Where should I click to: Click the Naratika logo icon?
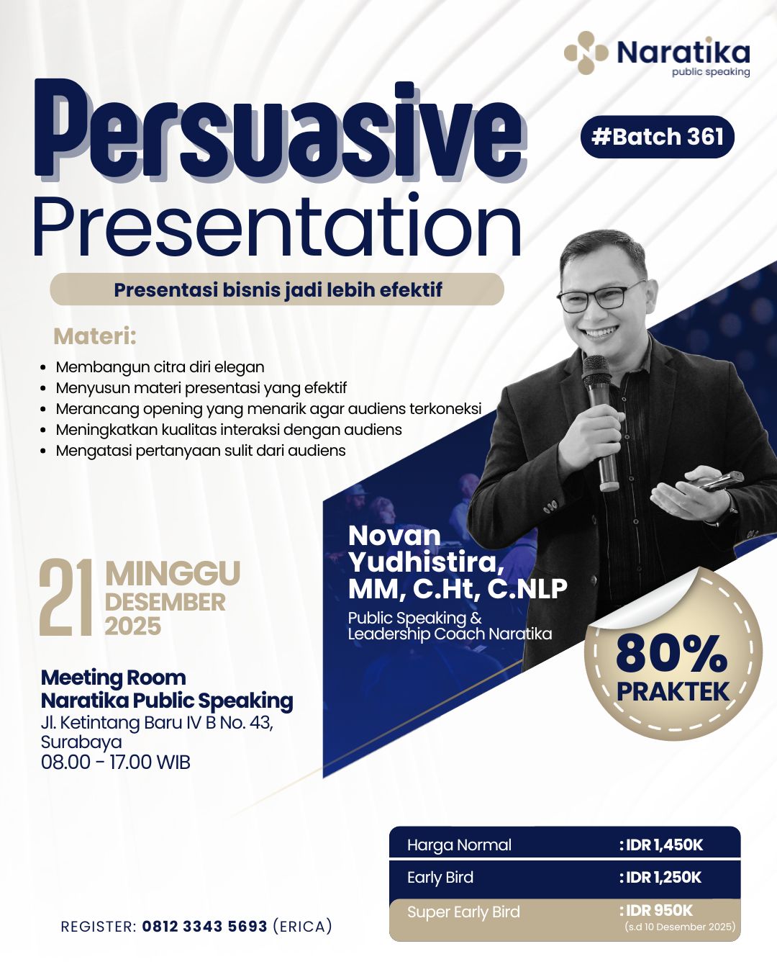(586, 53)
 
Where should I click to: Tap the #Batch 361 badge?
(658, 136)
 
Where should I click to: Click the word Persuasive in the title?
(280, 131)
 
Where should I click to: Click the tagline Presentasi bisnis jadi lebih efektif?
(278, 289)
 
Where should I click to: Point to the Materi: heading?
(95, 337)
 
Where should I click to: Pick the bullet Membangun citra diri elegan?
(160, 367)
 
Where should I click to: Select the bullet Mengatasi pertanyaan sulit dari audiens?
(201, 451)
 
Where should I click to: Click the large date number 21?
(66, 597)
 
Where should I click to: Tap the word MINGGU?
(173, 574)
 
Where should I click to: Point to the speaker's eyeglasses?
(601, 295)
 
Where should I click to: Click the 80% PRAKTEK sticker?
(673, 654)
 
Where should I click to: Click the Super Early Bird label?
(463, 912)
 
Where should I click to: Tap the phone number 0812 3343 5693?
(204, 927)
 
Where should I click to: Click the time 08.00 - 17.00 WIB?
(116, 762)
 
